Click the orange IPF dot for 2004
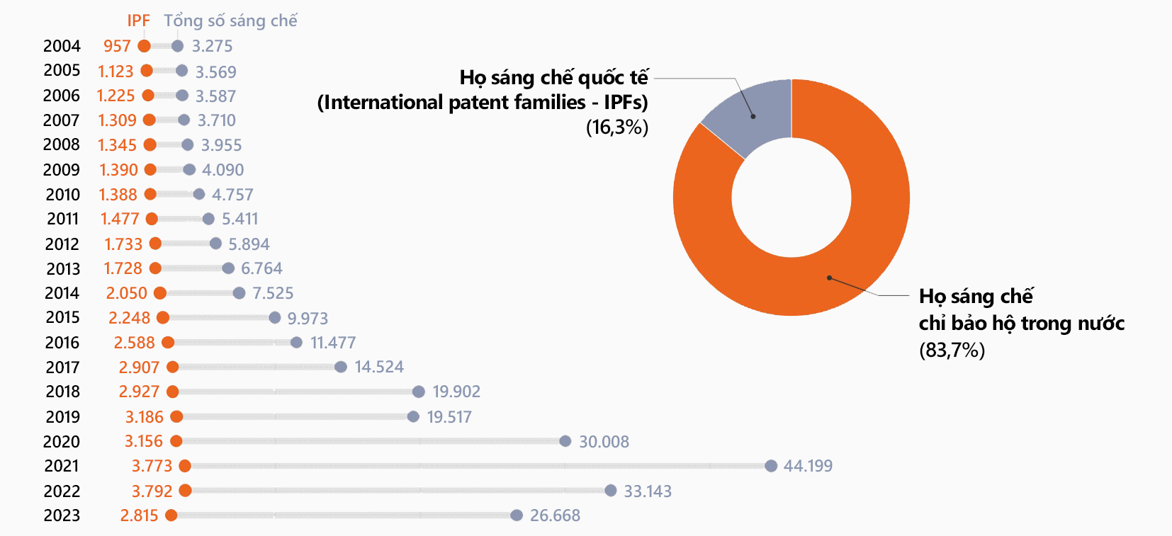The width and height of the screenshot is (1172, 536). [144, 46]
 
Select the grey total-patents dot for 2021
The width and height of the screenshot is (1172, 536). [771, 465]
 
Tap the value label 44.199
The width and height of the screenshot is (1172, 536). [808, 466]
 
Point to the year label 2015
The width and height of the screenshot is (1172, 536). [62, 317]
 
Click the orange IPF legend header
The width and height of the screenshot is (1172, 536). [138, 21]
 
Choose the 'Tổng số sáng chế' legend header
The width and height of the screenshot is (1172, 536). [230, 21]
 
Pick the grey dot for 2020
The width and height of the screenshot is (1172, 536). [565, 441]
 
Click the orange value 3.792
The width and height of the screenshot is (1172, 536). [152, 491]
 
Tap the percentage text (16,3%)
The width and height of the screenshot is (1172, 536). [616, 127]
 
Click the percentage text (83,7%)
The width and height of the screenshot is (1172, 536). [952, 350]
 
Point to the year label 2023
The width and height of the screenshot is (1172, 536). [62, 515]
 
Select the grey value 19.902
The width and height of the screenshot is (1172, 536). [456, 392]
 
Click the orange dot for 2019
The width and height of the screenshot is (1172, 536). [176, 416]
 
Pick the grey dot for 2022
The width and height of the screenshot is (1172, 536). [611, 490]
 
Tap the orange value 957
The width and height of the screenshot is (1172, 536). [117, 46]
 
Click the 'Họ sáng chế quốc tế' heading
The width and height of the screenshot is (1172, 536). [553, 77]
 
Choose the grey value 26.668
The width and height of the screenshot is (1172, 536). [555, 515]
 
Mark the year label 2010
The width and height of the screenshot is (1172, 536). [62, 195]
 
